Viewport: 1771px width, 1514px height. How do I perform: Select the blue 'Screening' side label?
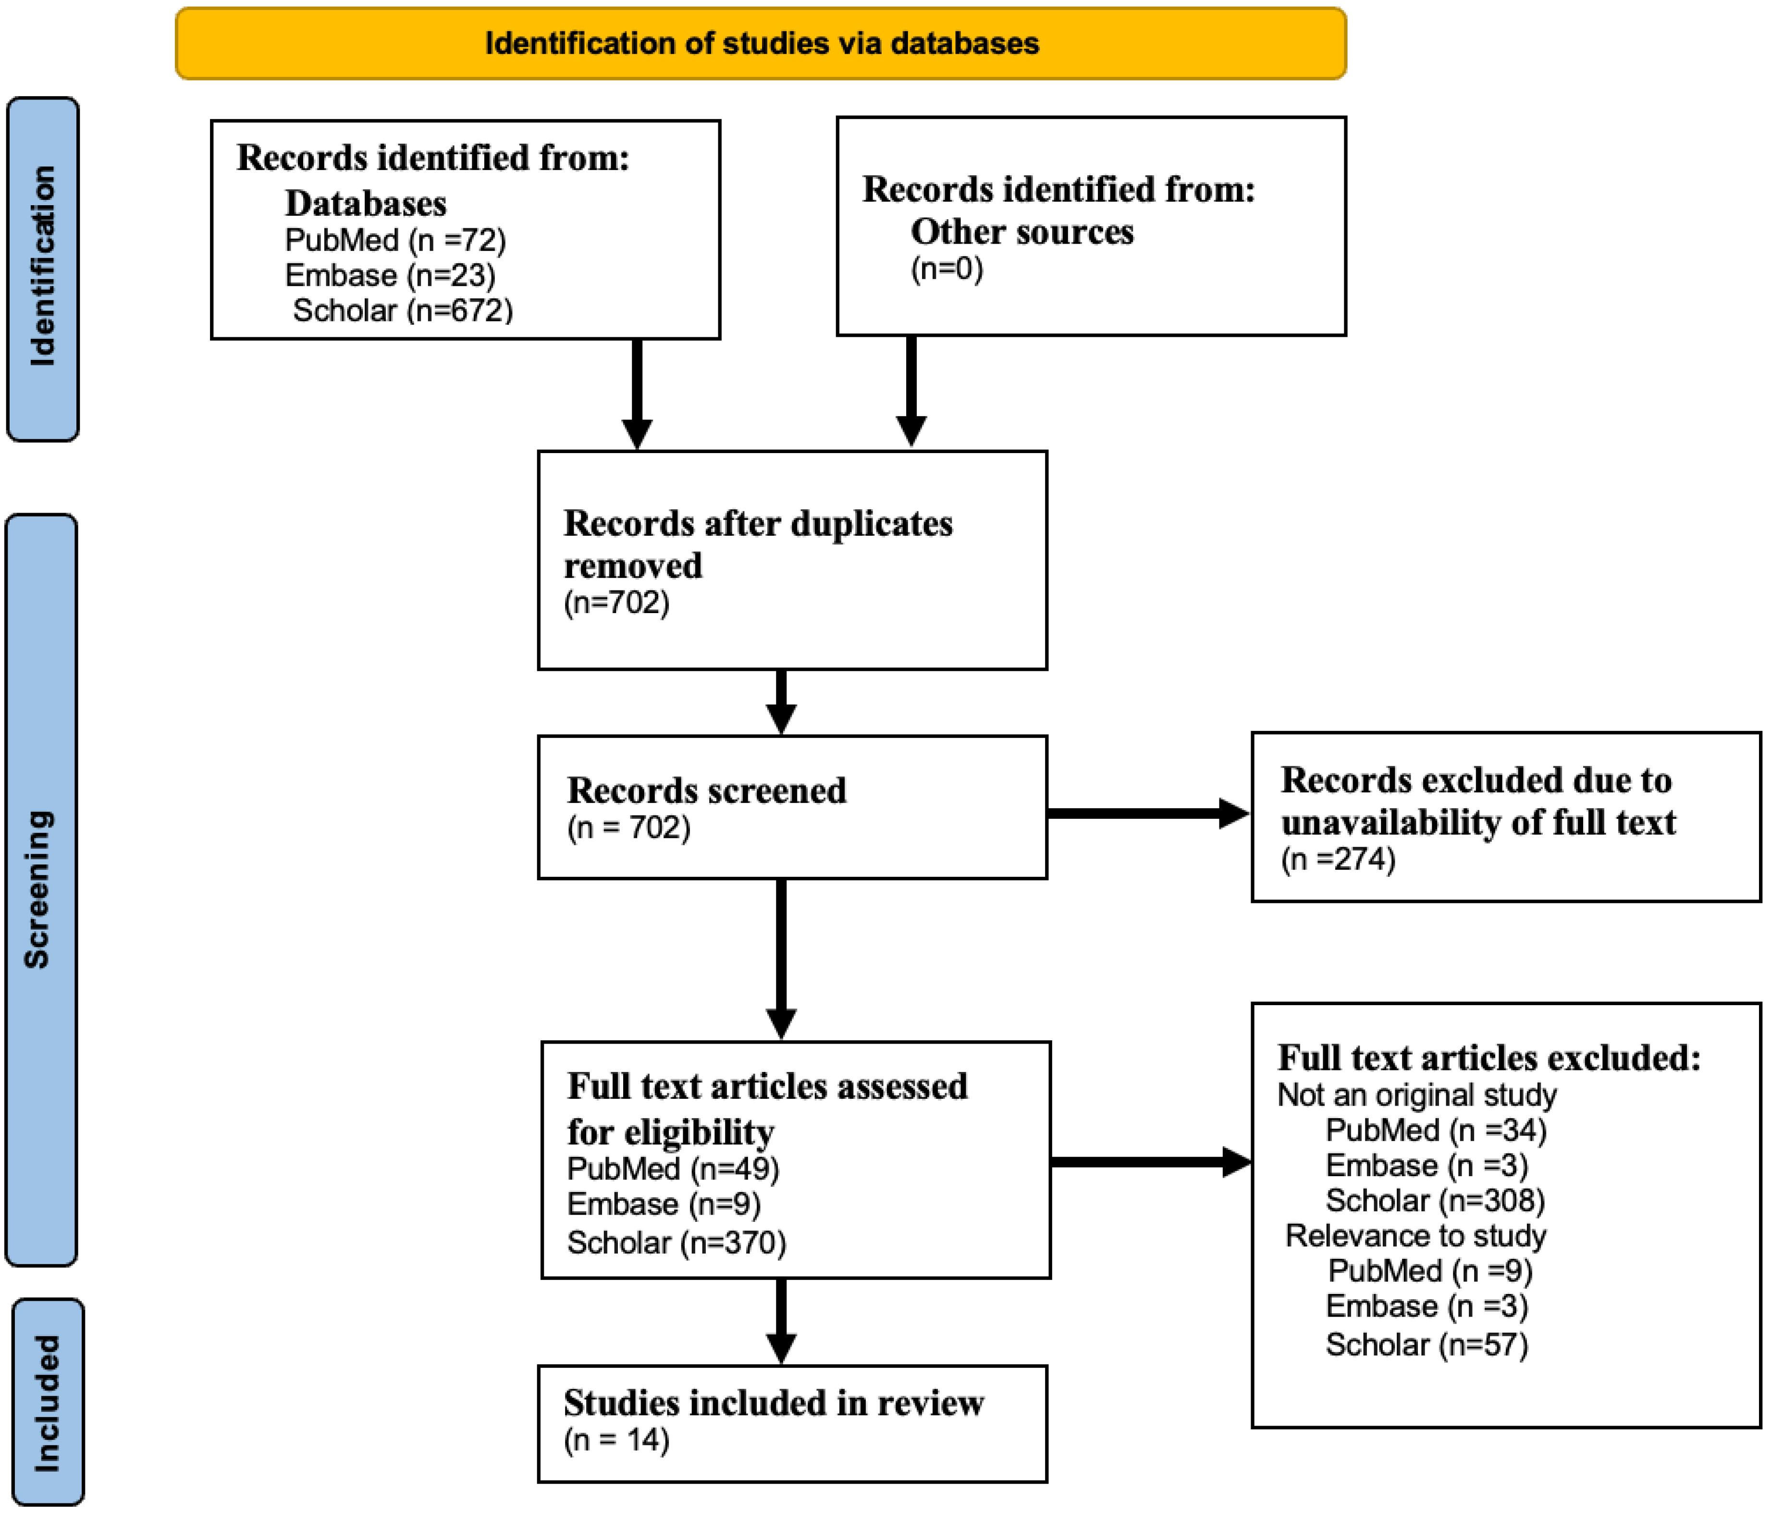pyautogui.click(x=40, y=889)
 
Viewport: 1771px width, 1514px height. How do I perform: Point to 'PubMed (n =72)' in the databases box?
pyautogui.click(x=395, y=240)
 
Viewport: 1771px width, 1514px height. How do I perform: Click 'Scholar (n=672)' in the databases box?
pyautogui.click(x=403, y=310)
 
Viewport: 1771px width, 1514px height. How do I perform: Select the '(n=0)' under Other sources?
pyautogui.click(x=946, y=269)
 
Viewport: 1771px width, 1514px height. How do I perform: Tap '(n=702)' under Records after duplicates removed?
pyautogui.click(x=616, y=603)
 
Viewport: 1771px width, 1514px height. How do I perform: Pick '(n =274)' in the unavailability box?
pyautogui.click(x=1338, y=858)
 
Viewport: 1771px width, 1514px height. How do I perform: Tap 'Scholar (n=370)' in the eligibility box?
pyautogui.click(x=676, y=1242)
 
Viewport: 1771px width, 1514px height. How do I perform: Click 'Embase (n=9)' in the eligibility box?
pyautogui.click(x=663, y=1204)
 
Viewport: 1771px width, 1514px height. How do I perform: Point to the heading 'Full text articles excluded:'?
pyautogui.click(x=1488, y=1059)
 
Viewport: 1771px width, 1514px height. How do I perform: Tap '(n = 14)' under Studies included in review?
pyautogui.click(x=616, y=1440)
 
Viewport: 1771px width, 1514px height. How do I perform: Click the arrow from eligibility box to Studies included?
pyautogui.click(x=781, y=1321)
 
